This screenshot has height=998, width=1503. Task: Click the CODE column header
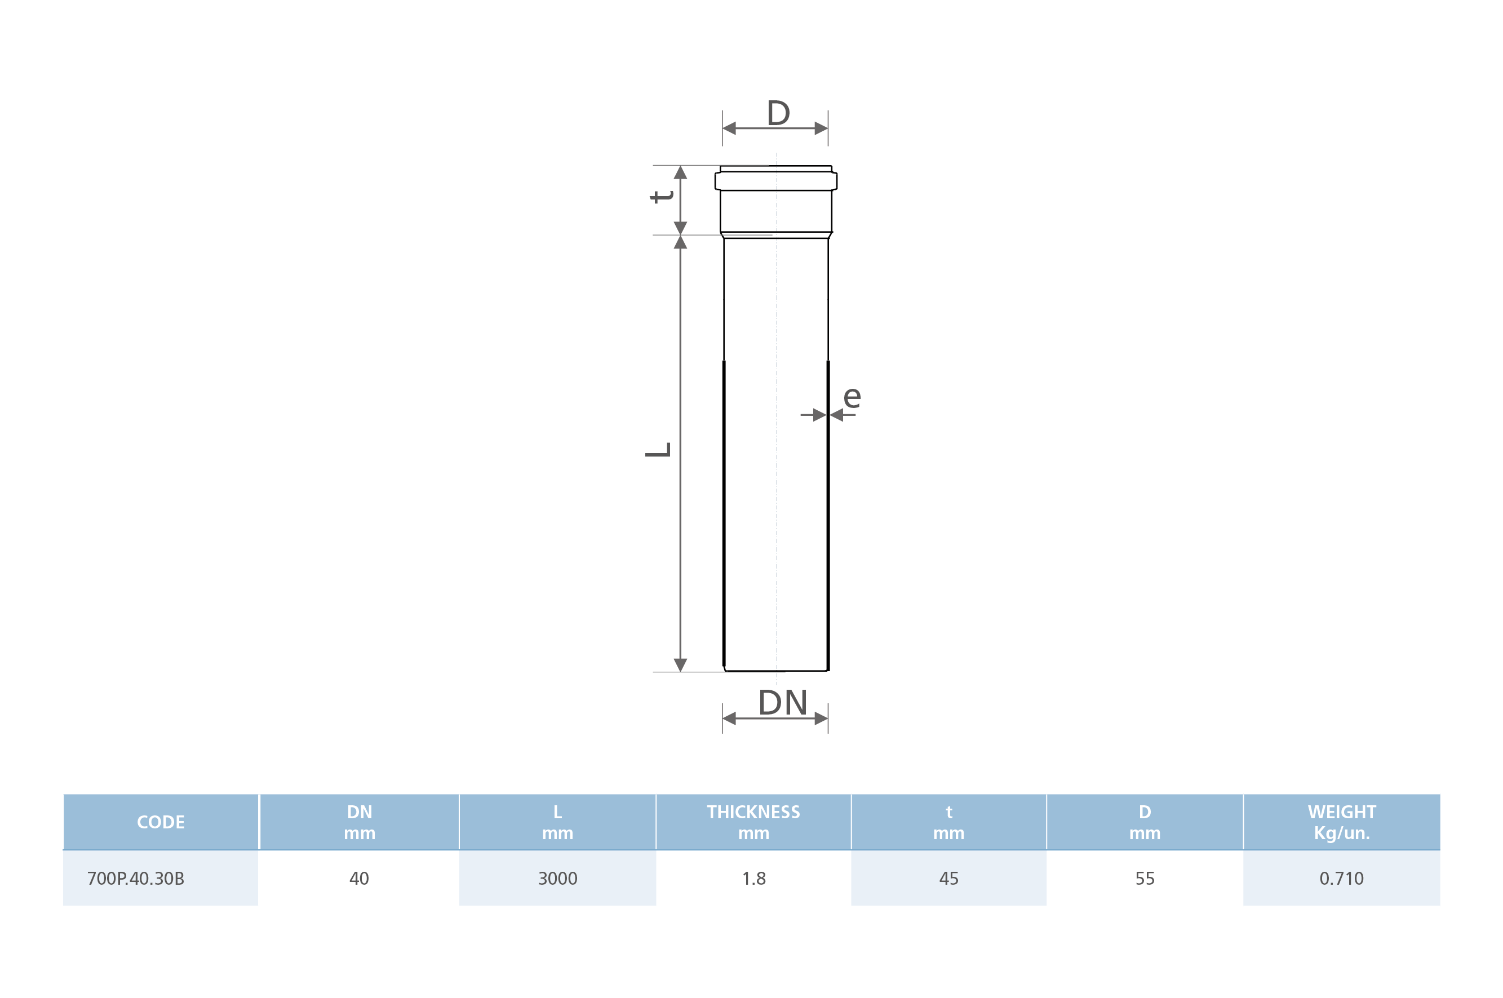(161, 822)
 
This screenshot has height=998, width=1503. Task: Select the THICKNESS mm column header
(753, 822)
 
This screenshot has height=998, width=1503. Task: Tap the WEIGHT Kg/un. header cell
(1341, 822)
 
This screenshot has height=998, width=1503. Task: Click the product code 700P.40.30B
(136, 879)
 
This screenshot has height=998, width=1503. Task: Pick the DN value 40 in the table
(359, 879)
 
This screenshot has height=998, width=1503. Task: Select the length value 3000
(557, 879)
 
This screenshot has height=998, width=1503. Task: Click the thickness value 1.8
(753, 879)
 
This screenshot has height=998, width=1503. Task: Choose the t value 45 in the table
(949, 879)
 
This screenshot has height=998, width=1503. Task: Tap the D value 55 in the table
(1145, 879)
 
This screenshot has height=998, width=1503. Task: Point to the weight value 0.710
(1341, 879)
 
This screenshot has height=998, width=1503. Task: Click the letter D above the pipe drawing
(778, 113)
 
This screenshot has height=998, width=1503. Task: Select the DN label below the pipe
(783, 703)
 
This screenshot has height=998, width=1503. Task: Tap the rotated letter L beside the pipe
(658, 449)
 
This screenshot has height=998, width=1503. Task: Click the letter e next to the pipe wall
(852, 397)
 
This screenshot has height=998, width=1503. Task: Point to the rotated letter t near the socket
(662, 196)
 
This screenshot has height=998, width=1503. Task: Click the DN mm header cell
(360, 822)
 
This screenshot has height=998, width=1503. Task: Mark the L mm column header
(557, 822)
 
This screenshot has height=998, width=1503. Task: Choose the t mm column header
(949, 822)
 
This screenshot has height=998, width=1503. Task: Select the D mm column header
(1145, 822)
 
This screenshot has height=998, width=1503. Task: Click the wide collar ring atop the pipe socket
(775, 181)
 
